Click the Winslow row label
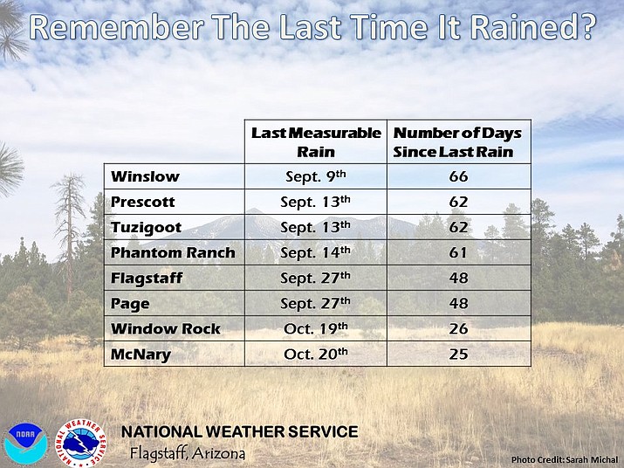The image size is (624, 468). click(145, 176)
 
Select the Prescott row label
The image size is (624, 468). click(143, 202)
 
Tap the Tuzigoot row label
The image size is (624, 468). click(145, 227)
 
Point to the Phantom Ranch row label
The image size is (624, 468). click(173, 252)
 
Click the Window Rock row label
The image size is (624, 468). click(166, 329)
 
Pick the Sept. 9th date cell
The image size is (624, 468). click(315, 176)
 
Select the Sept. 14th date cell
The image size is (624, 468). click(315, 252)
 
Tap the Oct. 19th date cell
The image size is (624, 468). click(315, 329)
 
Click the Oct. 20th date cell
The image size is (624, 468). click(315, 354)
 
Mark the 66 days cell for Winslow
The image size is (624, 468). click(458, 176)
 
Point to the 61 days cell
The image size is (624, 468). click(458, 252)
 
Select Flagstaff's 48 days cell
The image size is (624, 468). click(458, 278)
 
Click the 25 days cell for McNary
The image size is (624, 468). click(458, 354)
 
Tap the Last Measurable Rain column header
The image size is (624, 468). click(315, 141)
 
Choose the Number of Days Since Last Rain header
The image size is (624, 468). click(458, 141)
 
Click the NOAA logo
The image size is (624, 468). click(24, 442)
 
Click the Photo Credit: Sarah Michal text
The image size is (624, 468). click(564, 458)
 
